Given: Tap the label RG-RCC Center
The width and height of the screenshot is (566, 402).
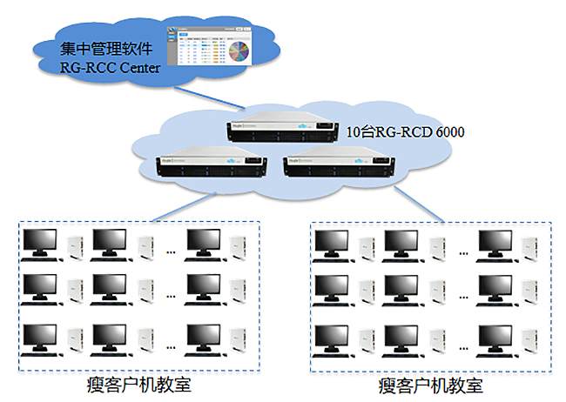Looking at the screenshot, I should [x=110, y=68].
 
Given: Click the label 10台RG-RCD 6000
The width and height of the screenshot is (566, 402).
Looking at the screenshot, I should [x=406, y=132].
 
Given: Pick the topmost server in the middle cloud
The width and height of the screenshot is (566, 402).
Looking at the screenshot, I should [x=282, y=128].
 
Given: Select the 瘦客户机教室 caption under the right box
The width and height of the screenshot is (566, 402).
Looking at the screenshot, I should [x=431, y=385].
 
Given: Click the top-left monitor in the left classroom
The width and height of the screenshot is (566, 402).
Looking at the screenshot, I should [x=40, y=245].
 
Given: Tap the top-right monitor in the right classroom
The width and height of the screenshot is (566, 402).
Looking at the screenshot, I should [x=496, y=245].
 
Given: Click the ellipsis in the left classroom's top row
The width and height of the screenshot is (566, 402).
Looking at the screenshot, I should [x=171, y=252].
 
